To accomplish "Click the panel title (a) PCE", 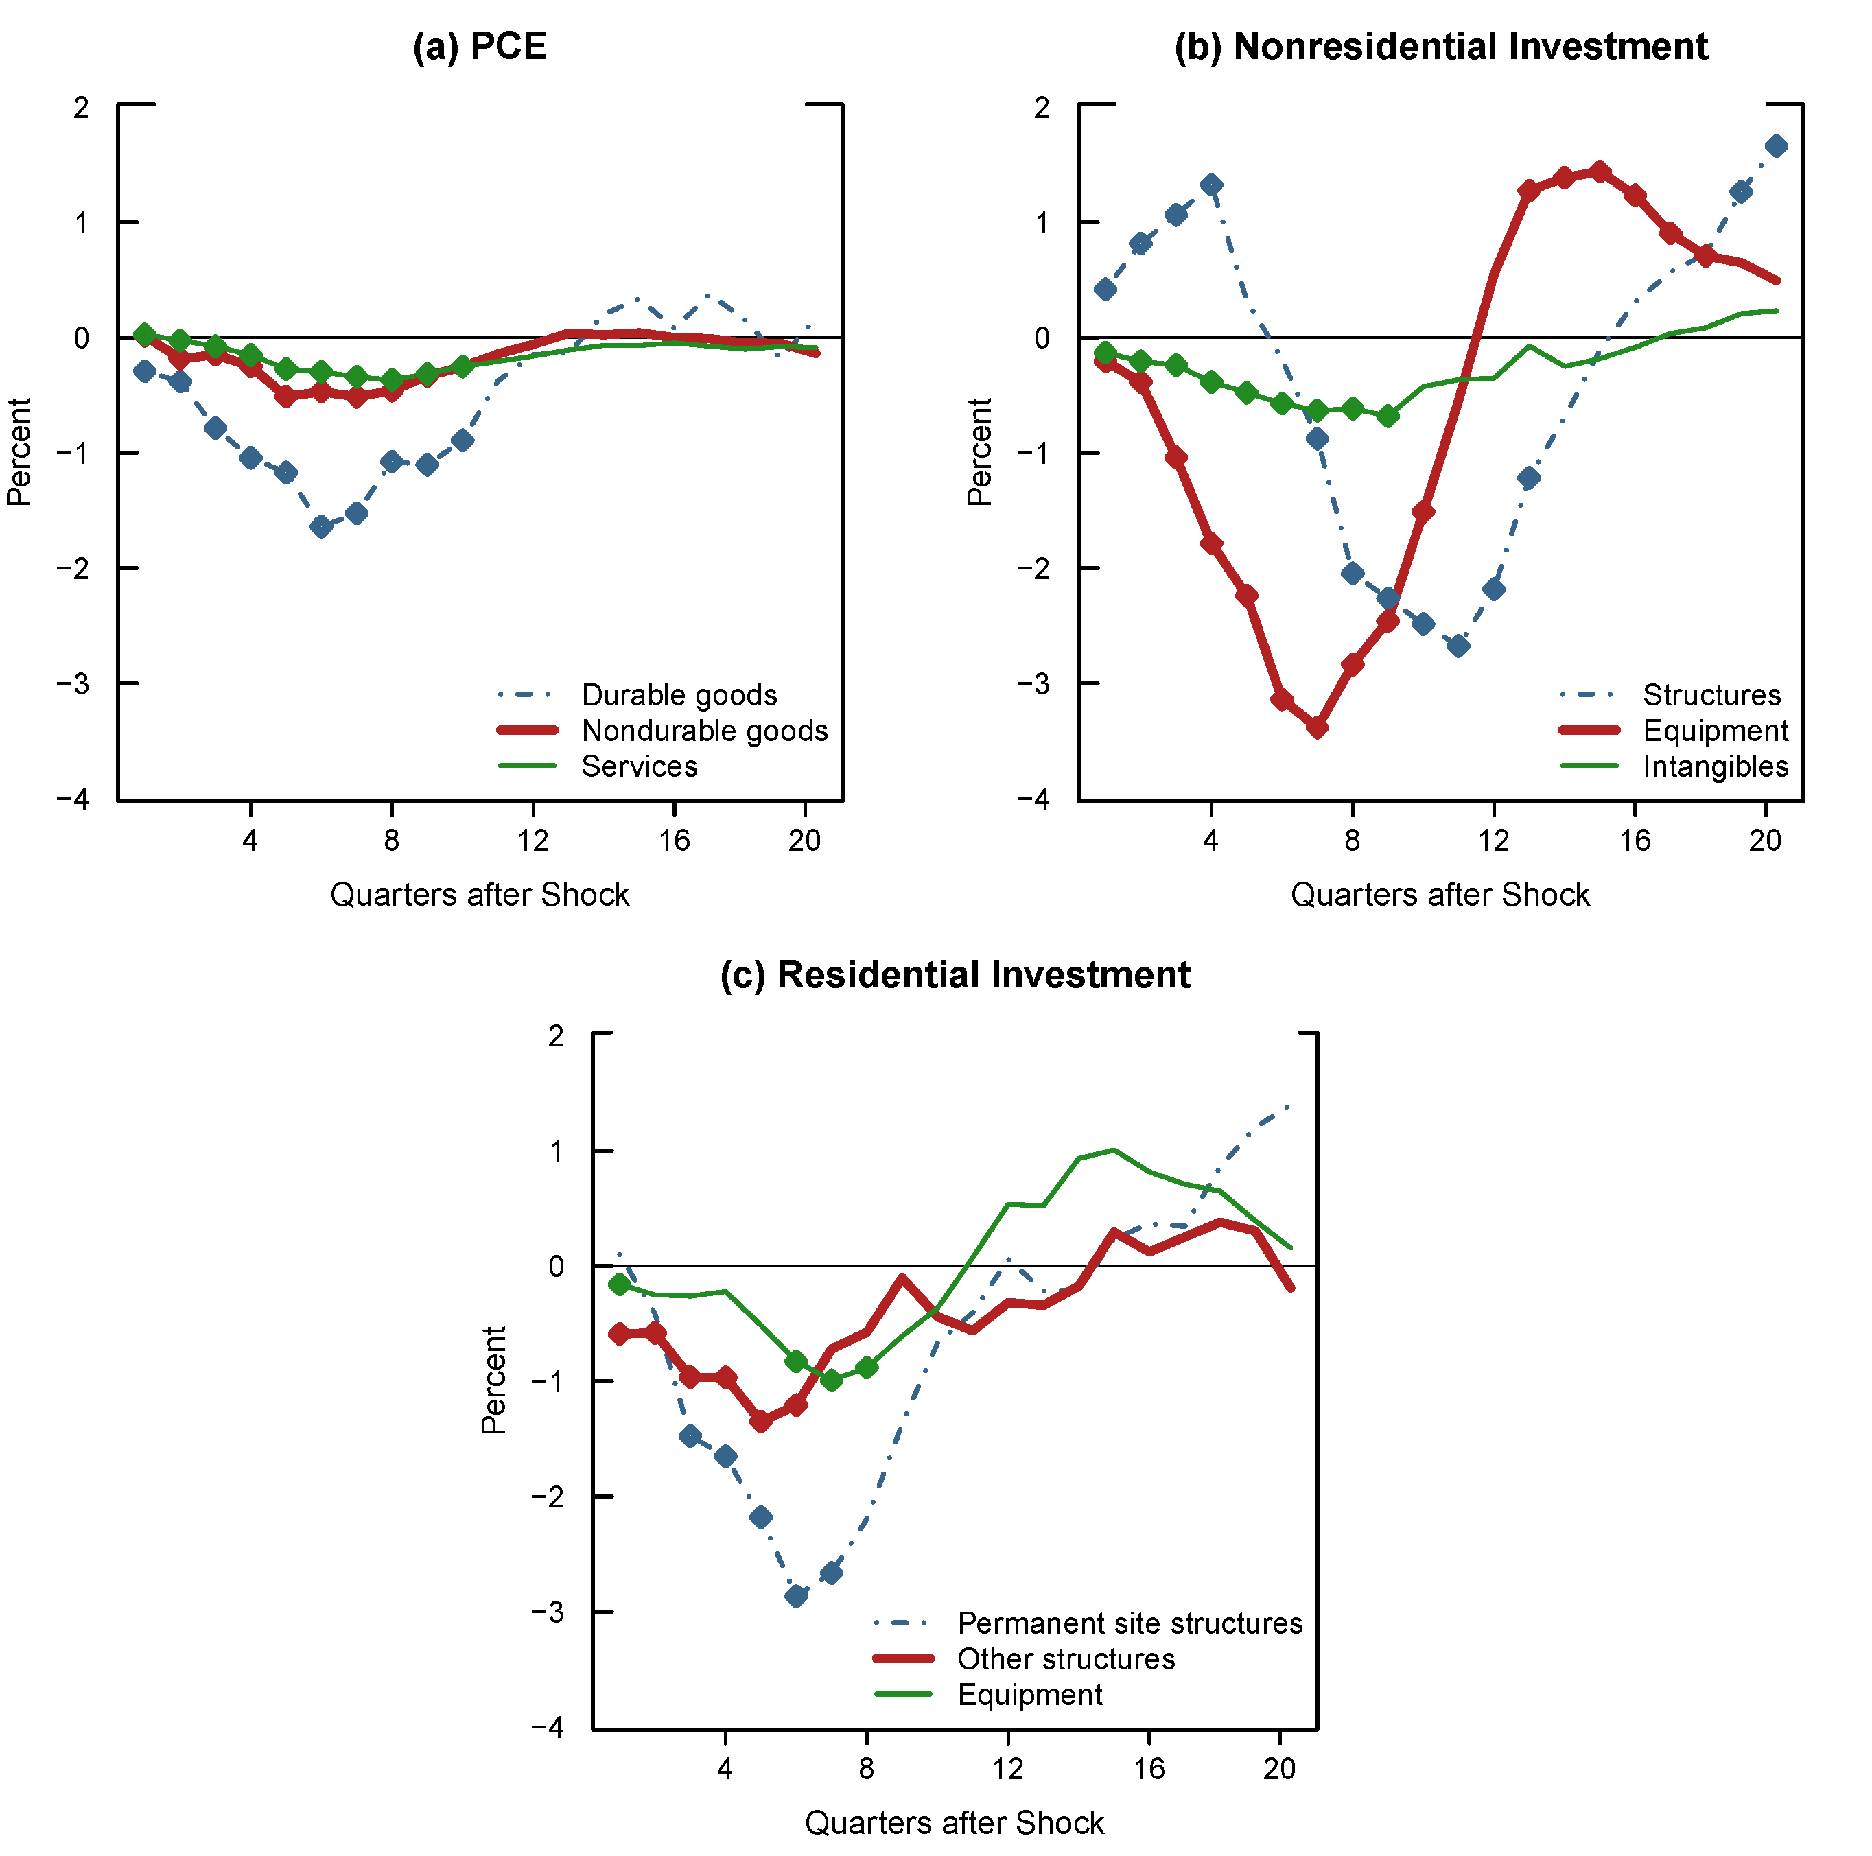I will pyautogui.click(x=480, y=47).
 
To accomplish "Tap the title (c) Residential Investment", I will pyautogui.click(x=955, y=974).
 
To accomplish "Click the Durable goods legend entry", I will pyautogui.click(x=678, y=694).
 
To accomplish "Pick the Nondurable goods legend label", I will pyautogui.click(x=705, y=730).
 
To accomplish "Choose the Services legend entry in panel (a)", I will pyautogui.click(x=639, y=766).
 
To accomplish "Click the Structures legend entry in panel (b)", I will pyautogui.click(x=1711, y=694).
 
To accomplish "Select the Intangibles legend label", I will pyautogui.click(x=1715, y=766).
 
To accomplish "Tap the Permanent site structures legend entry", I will pyautogui.click(x=1130, y=1623).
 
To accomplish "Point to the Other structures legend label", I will pyautogui.click(x=1066, y=1658).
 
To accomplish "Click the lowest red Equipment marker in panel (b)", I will pyautogui.click(x=1317, y=727).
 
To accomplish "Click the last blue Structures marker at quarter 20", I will pyautogui.click(x=1776, y=146).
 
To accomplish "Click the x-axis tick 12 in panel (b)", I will pyautogui.click(x=1493, y=840).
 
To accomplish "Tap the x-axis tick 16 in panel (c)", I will pyautogui.click(x=1149, y=1768).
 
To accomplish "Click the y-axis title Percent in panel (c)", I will pyautogui.click(x=494, y=1379).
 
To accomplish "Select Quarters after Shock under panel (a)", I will pyautogui.click(x=480, y=894).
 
